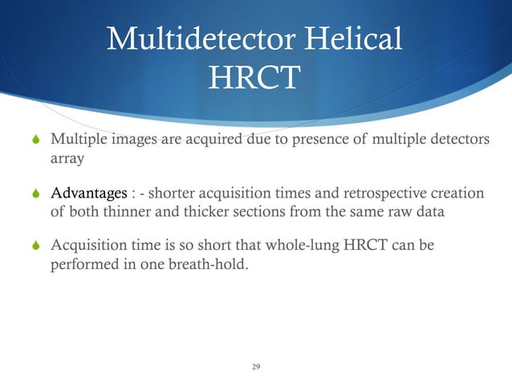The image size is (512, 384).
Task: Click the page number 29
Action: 256,367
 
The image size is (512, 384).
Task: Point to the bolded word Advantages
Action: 88,194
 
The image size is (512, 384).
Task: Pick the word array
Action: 67,160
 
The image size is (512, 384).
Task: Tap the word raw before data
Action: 405,211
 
